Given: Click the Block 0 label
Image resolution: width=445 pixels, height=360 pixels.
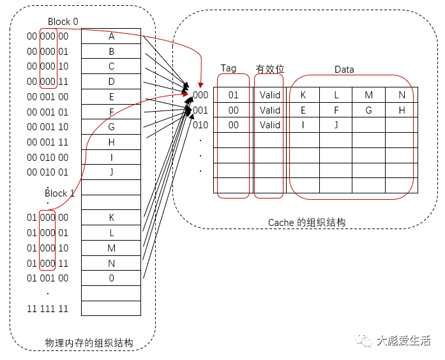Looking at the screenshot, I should [x=63, y=22].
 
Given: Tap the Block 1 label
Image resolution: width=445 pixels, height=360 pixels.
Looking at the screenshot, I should [x=60, y=193].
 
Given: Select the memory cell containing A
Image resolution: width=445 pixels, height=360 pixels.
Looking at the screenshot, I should [x=111, y=36].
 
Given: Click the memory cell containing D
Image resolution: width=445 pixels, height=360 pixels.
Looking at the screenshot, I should [x=111, y=82].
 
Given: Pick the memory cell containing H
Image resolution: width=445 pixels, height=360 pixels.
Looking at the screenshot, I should [x=111, y=142].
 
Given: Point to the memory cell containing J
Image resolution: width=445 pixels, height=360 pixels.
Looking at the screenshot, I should [x=111, y=172].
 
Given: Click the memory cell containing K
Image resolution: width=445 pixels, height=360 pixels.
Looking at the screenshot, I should [x=111, y=218].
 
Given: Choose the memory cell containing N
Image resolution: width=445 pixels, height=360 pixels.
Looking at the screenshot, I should [x=111, y=263].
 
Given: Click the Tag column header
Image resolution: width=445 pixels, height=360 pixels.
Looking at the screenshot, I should [x=229, y=68].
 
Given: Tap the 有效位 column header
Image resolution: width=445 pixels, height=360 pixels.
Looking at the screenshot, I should [x=269, y=69].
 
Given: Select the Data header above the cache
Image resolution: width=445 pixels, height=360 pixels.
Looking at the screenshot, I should [x=344, y=70].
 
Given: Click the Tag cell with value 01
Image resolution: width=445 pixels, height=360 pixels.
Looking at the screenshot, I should [x=233, y=95].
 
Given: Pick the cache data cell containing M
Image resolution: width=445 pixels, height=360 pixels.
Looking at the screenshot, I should [x=369, y=95].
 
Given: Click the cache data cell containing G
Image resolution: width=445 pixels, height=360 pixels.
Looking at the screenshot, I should [x=369, y=110].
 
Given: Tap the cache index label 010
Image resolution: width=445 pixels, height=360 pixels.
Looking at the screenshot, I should [x=200, y=125].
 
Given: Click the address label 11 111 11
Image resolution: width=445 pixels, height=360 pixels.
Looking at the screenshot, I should [x=47, y=309].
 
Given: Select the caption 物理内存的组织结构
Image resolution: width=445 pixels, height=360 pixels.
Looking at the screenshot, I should [x=89, y=343].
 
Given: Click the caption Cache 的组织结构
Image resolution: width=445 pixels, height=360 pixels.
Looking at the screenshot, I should [x=306, y=223].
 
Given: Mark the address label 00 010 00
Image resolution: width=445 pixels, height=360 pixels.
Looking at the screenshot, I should [x=47, y=157].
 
